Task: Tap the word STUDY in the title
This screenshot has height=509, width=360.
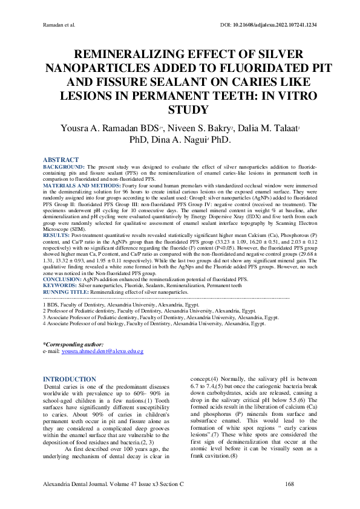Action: click(x=180, y=110)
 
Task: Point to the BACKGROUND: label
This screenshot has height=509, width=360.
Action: click(x=65, y=165)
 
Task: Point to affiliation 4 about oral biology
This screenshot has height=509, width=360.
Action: click(x=154, y=324)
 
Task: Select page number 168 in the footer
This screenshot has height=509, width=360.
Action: click(x=290, y=485)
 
